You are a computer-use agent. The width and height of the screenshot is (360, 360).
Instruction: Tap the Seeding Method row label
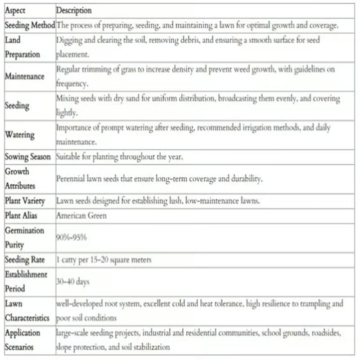(30, 26)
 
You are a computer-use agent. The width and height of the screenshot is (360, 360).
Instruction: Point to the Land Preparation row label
(22, 47)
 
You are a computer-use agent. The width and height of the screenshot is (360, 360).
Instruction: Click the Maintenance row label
(25, 76)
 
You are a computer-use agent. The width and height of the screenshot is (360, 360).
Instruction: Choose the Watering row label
(19, 135)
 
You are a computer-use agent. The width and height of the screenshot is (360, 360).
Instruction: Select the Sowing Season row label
(28, 157)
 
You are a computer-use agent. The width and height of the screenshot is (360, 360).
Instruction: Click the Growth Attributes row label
(20, 179)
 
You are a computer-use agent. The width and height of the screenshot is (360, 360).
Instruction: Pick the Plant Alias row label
(23, 216)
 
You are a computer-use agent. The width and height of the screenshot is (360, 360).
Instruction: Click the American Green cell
(81, 216)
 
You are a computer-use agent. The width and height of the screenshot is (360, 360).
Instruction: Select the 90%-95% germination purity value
(72, 237)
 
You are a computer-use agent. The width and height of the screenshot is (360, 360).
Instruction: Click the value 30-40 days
(73, 282)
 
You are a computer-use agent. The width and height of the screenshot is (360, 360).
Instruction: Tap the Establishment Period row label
(26, 281)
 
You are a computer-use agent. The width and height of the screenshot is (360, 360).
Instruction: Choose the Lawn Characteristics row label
(27, 310)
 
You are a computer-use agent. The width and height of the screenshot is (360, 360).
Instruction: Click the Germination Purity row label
(24, 238)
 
